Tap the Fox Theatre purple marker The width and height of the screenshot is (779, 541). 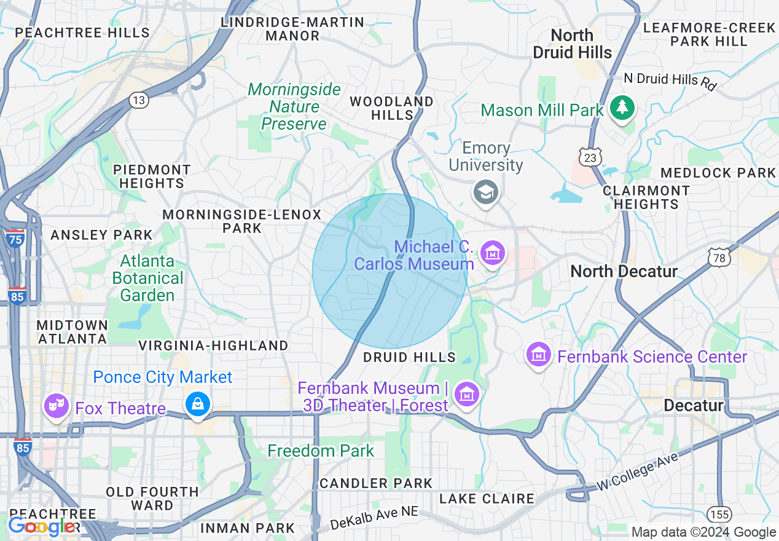[56, 406]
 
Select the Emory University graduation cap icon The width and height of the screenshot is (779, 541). [485, 192]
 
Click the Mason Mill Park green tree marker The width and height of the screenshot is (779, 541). [623, 108]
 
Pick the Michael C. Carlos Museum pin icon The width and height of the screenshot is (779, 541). [493, 253]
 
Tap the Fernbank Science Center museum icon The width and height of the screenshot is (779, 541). [539, 355]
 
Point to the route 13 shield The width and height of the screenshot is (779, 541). [139, 101]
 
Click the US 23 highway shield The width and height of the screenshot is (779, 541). [590, 159]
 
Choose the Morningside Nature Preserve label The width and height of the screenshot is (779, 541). [294, 107]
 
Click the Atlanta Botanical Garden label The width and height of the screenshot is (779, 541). [147, 278]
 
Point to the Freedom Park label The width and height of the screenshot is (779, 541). [321, 451]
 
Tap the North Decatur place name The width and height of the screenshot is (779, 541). [624, 271]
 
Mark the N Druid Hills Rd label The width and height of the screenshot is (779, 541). [670, 81]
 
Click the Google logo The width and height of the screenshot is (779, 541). [42, 527]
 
